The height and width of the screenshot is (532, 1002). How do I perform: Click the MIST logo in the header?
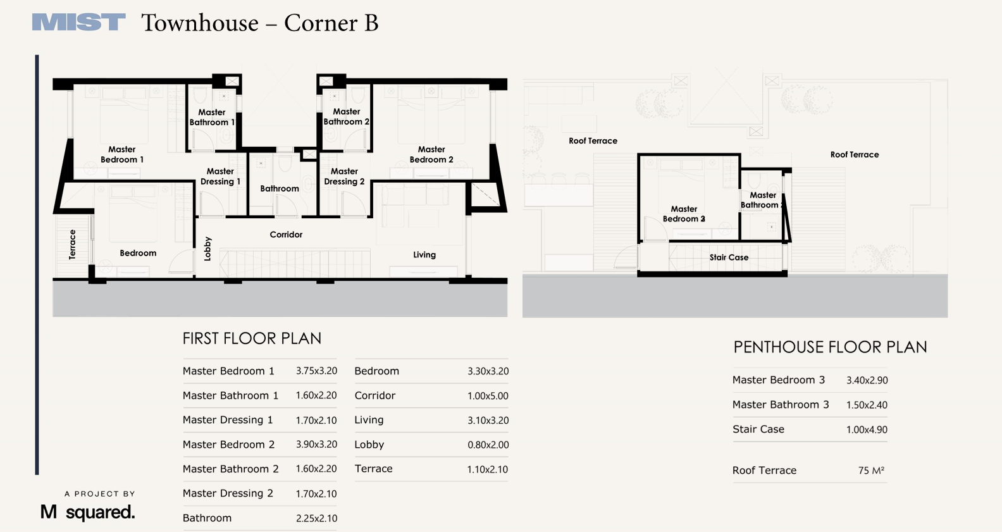click(78, 22)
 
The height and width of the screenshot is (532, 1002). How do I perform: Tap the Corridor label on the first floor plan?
click(286, 235)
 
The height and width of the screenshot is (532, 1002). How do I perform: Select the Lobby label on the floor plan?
click(207, 249)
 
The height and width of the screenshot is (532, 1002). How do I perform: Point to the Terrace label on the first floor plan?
click(73, 244)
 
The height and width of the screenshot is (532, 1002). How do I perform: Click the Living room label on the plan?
click(424, 254)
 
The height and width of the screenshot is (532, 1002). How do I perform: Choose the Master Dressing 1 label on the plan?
click(220, 176)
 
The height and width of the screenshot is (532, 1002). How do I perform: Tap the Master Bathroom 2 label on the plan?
click(346, 116)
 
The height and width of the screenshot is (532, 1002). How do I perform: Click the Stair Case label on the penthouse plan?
click(729, 257)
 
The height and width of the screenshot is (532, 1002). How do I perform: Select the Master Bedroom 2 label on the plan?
click(431, 154)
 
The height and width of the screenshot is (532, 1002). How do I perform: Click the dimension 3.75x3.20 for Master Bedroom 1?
click(316, 371)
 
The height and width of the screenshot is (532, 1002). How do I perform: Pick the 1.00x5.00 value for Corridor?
click(488, 396)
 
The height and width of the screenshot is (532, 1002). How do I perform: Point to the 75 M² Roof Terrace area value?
click(871, 470)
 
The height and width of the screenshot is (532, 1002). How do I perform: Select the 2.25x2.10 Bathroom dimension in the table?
click(316, 518)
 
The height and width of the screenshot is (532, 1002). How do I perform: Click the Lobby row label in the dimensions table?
click(369, 445)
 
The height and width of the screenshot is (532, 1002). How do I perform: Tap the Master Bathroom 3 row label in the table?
click(781, 404)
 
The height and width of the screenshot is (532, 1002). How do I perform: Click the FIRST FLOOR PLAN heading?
click(252, 338)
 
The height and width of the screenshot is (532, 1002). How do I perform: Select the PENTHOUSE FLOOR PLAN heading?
click(830, 347)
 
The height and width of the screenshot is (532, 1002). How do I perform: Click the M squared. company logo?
click(88, 512)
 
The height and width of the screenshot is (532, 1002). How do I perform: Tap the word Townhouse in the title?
click(200, 23)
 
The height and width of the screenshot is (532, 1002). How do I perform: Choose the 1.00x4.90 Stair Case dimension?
click(867, 430)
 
